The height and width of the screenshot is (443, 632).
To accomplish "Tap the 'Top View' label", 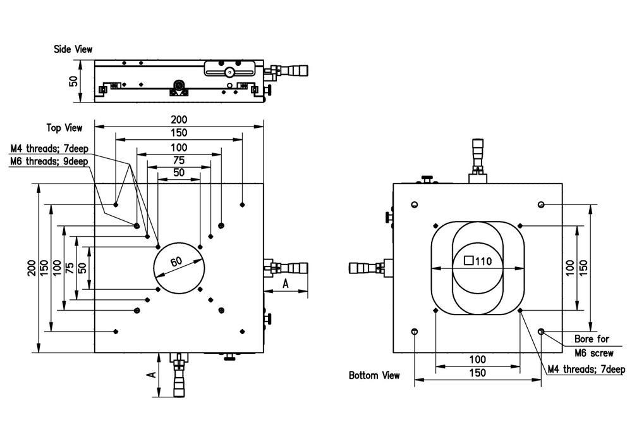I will [x=64, y=128].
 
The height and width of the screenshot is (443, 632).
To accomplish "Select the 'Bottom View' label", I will [x=374, y=375].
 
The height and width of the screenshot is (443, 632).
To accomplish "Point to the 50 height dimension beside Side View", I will [x=73, y=81].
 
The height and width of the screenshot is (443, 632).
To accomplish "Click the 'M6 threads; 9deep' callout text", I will [x=49, y=161].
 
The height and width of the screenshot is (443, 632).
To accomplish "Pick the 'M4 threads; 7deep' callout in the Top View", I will [x=49, y=150].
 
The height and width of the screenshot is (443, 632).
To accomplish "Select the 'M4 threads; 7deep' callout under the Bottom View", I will [x=586, y=370].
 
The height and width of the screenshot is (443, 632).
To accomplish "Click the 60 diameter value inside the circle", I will [x=176, y=261].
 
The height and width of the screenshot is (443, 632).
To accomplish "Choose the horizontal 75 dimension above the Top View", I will [x=179, y=160].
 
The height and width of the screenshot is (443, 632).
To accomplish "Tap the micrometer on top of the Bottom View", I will [x=478, y=155].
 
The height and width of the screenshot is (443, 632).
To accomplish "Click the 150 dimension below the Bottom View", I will [x=478, y=373].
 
